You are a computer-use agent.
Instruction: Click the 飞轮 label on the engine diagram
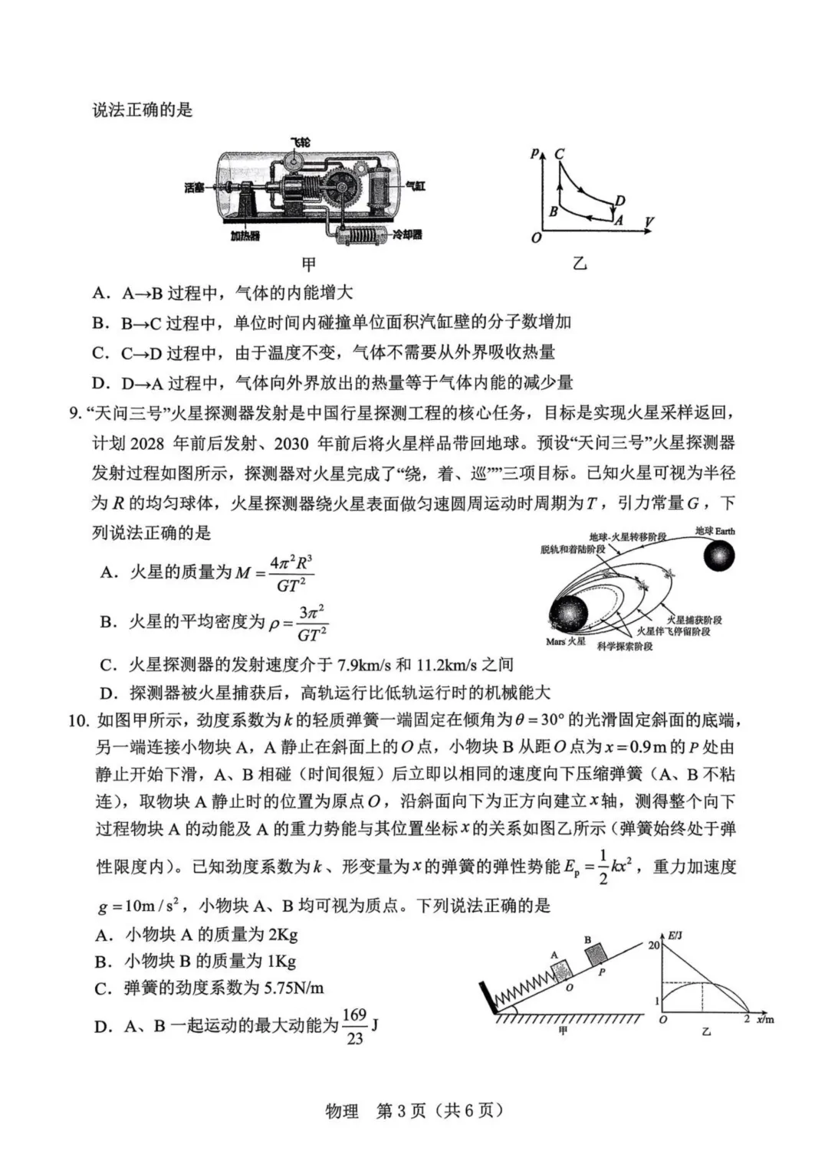[301, 143]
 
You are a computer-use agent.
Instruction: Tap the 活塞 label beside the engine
[194, 187]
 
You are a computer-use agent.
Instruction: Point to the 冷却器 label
[407, 234]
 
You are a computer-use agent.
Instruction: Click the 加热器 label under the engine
[245, 236]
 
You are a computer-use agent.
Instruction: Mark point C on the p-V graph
[559, 153]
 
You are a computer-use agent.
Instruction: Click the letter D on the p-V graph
[620, 201]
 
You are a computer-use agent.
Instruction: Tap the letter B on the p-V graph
[553, 211]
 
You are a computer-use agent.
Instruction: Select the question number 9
[74, 414]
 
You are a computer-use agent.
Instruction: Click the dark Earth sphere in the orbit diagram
[719, 556]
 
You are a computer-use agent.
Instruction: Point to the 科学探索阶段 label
[625, 647]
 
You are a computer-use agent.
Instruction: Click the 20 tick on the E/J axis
[653, 945]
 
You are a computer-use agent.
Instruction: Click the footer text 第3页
[401, 1111]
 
